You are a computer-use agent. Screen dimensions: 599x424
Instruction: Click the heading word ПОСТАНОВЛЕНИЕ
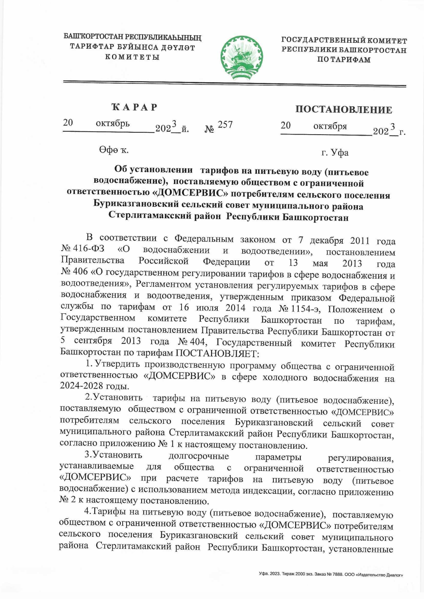[x=343, y=109]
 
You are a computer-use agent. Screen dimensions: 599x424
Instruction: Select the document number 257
[x=225, y=125]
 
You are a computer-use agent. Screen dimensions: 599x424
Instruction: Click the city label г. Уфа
[x=335, y=153]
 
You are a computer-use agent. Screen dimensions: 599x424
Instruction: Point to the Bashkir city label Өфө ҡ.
[x=113, y=150]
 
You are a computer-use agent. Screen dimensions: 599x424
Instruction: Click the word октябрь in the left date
[x=113, y=124]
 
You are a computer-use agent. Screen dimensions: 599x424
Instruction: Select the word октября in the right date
[x=330, y=126]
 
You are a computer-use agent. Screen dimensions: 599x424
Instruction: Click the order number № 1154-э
[x=300, y=309]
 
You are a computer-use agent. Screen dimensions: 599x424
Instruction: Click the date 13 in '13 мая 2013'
[x=293, y=263]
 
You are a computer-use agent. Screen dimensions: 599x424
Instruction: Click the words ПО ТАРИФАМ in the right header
[x=344, y=60]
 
